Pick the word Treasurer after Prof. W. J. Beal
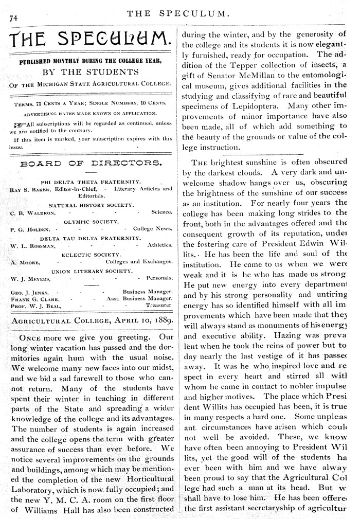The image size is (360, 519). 158,305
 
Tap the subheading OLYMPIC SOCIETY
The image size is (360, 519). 91,221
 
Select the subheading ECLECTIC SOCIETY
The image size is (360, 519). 91,254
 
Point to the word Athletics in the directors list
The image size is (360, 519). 159,245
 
